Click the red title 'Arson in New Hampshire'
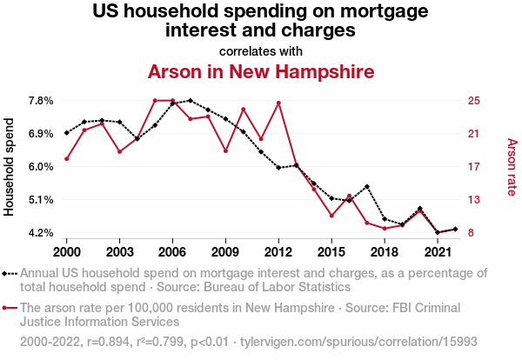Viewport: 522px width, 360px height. (x=260, y=71)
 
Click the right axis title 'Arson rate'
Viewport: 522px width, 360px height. (x=512, y=166)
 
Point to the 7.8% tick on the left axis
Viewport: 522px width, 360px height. (x=41, y=101)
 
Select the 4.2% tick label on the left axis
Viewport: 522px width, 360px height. (x=41, y=233)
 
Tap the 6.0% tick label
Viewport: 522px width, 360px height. (x=41, y=167)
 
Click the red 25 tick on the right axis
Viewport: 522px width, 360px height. (x=474, y=101)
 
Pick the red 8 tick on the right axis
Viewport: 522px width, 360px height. (x=472, y=233)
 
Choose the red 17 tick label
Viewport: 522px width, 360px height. (x=474, y=167)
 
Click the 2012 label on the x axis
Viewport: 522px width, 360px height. (x=278, y=251)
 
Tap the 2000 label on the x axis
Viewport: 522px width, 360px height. (x=66, y=251)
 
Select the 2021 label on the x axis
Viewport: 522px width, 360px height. (x=438, y=251)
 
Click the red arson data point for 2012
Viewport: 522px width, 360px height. (x=278, y=103)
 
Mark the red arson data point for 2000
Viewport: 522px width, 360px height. (x=66, y=158)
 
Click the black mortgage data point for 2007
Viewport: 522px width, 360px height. (x=190, y=101)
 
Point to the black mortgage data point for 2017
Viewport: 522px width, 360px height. (x=367, y=187)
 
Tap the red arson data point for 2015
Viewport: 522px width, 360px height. (x=331, y=216)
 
